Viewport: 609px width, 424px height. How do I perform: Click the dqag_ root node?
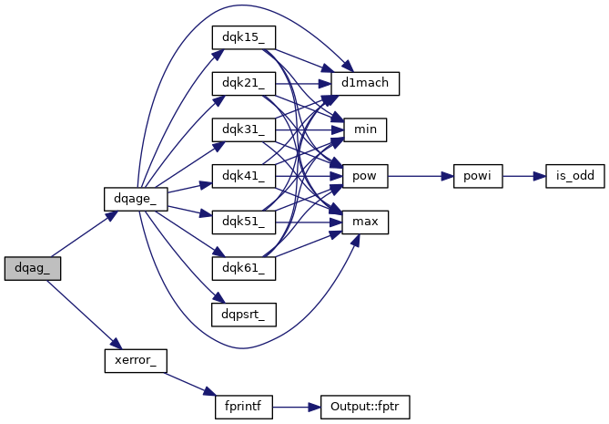click(x=32, y=268)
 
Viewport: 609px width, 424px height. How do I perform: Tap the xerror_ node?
click(x=136, y=360)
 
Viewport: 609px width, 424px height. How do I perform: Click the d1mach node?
click(x=365, y=84)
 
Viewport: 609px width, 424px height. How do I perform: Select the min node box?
click(x=365, y=129)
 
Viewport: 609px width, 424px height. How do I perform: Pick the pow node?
click(x=365, y=175)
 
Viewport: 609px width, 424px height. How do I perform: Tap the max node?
click(x=365, y=222)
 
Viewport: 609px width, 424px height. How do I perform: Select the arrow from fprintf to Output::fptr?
click(x=297, y=407)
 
